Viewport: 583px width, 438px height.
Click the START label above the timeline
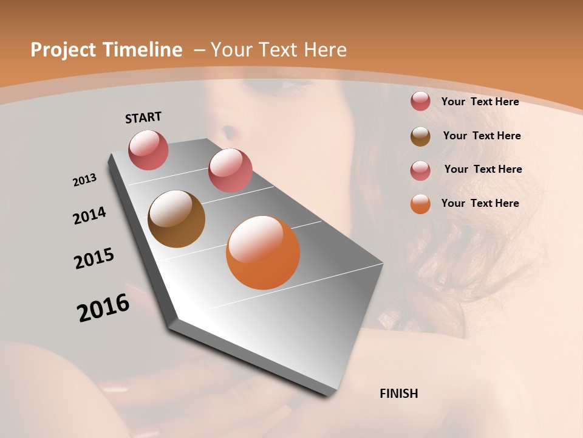143,117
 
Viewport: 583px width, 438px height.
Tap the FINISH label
399,394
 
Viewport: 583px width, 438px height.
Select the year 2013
84,180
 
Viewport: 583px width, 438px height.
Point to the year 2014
89,215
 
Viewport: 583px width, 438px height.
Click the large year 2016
103,308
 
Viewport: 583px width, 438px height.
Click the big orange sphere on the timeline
263,252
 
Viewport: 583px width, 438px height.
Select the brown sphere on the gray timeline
176,219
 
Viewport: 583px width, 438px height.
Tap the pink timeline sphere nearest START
148,150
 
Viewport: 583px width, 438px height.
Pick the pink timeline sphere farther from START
230,170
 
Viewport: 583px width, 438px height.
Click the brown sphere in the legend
420,136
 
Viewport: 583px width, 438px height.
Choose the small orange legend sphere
420,204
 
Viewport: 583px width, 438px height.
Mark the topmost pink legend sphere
420,101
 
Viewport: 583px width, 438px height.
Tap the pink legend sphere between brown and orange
420,170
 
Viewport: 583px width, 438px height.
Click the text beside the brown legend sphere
482,136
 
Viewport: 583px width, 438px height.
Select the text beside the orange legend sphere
480,203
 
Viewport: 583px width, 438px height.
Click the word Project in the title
63,50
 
